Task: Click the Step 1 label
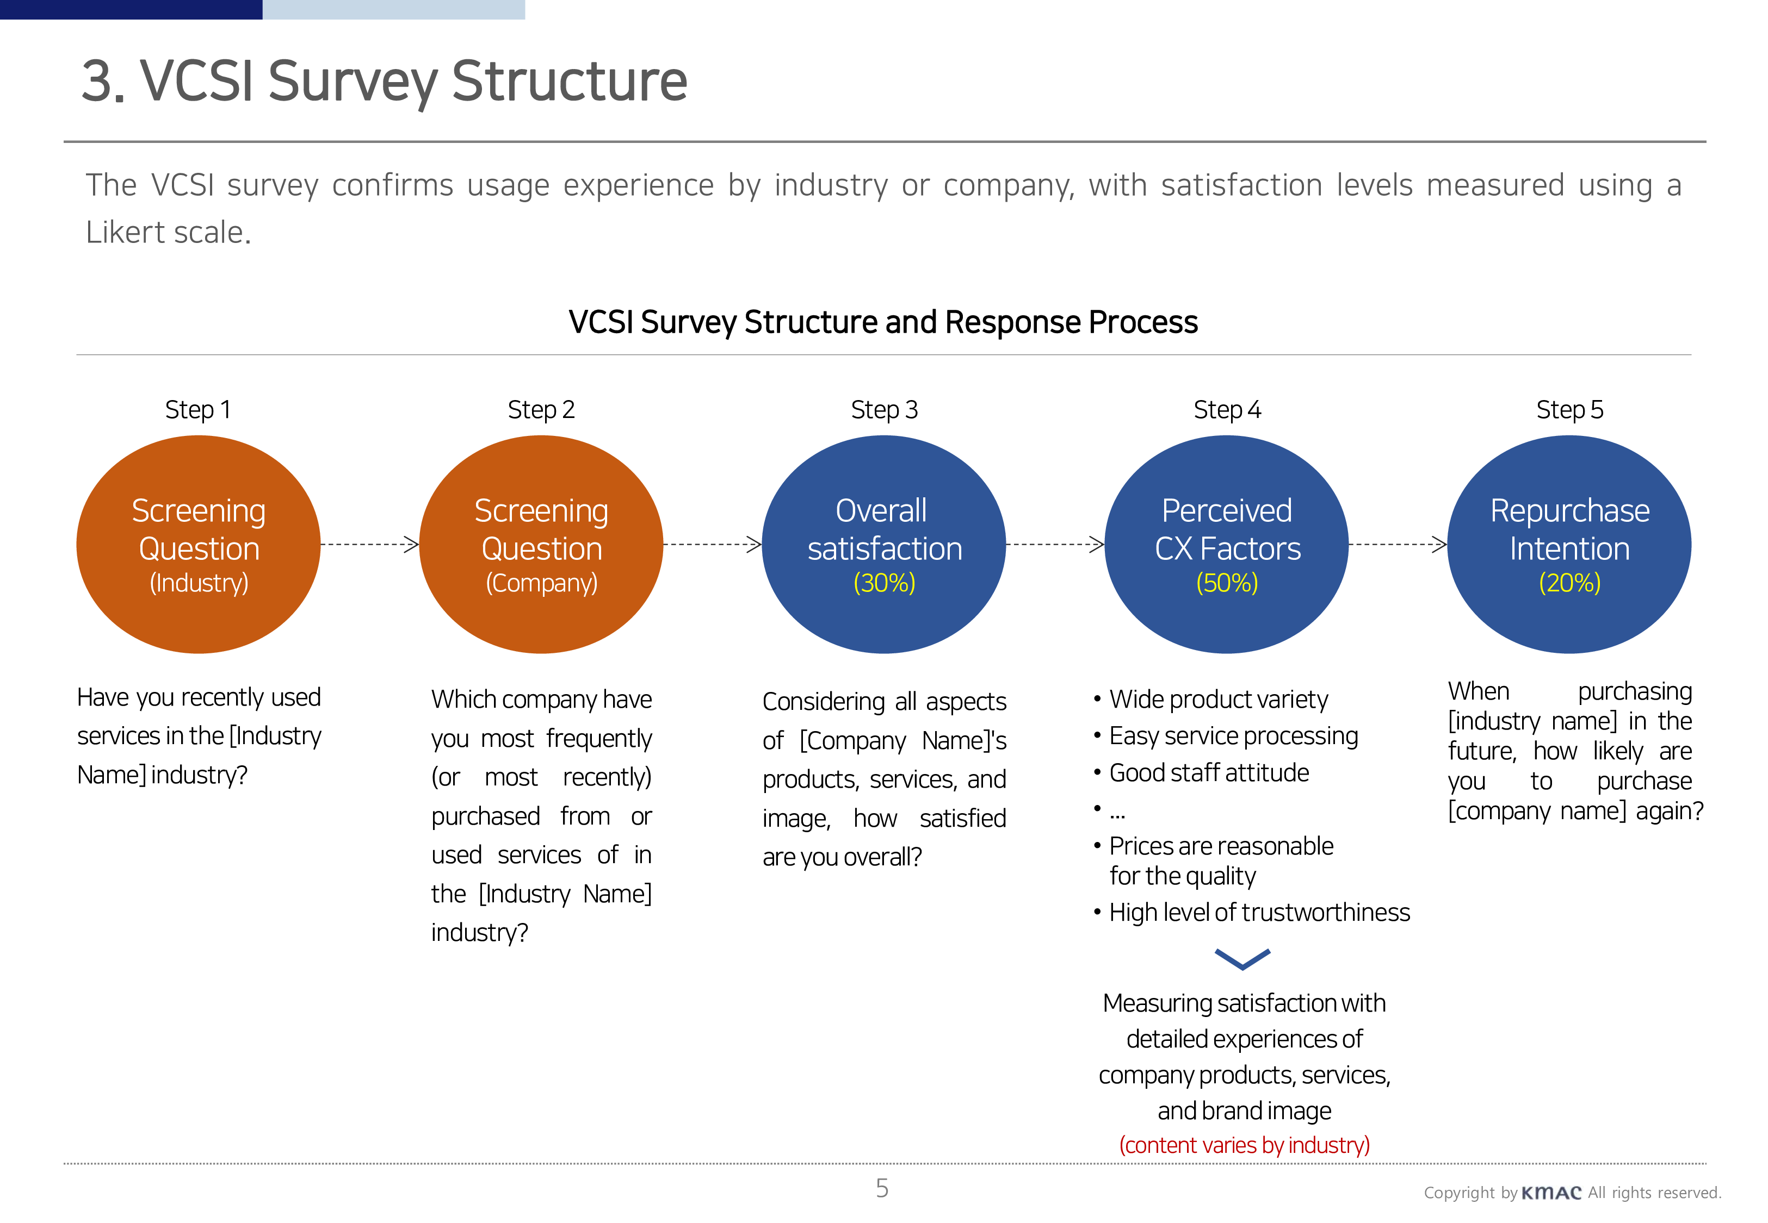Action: [x=198, y=410]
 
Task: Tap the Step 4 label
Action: [x=1227, y=410]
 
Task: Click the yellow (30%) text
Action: [x=884, y=583]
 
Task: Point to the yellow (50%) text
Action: [x=1227, y=583]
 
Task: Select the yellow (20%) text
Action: [x=1569, y=583]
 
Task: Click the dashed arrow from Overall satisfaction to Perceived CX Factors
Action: [x=1055, y=545]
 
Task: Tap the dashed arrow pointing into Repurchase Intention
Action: [x=1398, y=545]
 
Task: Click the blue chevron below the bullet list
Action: [x=1242, y=959]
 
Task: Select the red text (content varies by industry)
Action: [x=1244, y=1145]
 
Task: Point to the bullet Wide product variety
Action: [x=1217, y=699]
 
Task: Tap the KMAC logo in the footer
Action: [x=1551, y=1193]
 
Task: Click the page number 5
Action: [x=882, y=1189]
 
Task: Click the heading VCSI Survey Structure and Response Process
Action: [x=883, y=322]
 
